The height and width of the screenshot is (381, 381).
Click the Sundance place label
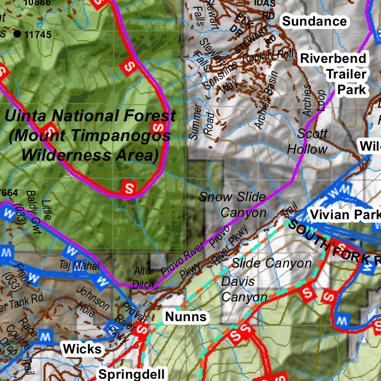tap(314, 21)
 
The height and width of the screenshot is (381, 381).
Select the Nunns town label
tap(186, 317)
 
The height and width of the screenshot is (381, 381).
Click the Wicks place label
tap(82, 349)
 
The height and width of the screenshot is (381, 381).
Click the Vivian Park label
tap(345, 215)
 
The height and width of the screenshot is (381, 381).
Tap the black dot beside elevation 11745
tap(17, 34)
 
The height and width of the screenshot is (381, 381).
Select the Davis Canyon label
tap(243, 289)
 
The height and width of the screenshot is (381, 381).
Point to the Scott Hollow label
tap(308, 141)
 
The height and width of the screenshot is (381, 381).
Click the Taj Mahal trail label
tap(79, 266)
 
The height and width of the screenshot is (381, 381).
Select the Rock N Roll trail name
tap(268, 56)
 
